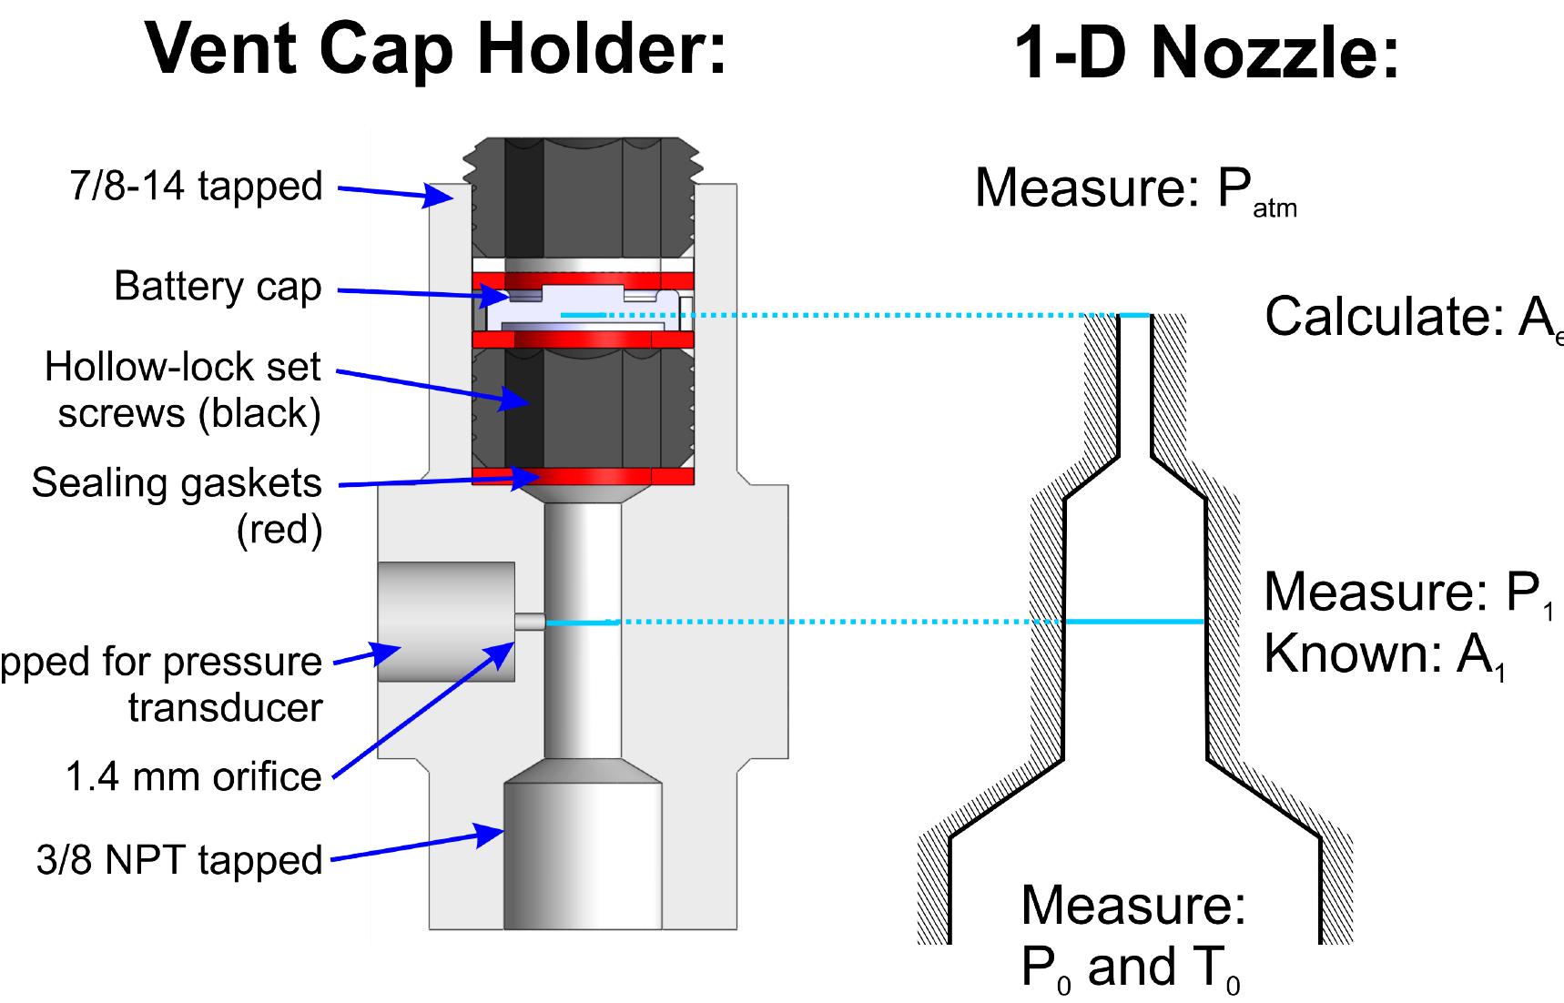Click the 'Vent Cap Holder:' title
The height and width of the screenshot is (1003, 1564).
437,50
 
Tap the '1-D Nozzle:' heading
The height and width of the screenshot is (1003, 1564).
1205,55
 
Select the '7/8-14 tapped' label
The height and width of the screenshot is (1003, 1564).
197,187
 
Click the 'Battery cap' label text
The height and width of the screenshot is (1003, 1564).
218,287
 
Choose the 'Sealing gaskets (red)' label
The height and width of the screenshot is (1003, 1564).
178,505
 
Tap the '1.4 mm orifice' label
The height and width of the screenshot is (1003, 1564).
194,776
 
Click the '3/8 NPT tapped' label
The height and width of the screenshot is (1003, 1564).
179,860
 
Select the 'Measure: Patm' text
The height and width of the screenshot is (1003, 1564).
1134,189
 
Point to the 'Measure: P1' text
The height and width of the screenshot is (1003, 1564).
1407,593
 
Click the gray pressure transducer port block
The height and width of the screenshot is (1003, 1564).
446,622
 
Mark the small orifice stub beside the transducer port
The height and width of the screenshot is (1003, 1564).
530,622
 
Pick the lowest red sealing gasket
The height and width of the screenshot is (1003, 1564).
583,476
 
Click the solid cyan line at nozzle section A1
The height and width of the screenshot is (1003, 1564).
1134,622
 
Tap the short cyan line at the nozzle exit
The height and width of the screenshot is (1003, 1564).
1134,315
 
